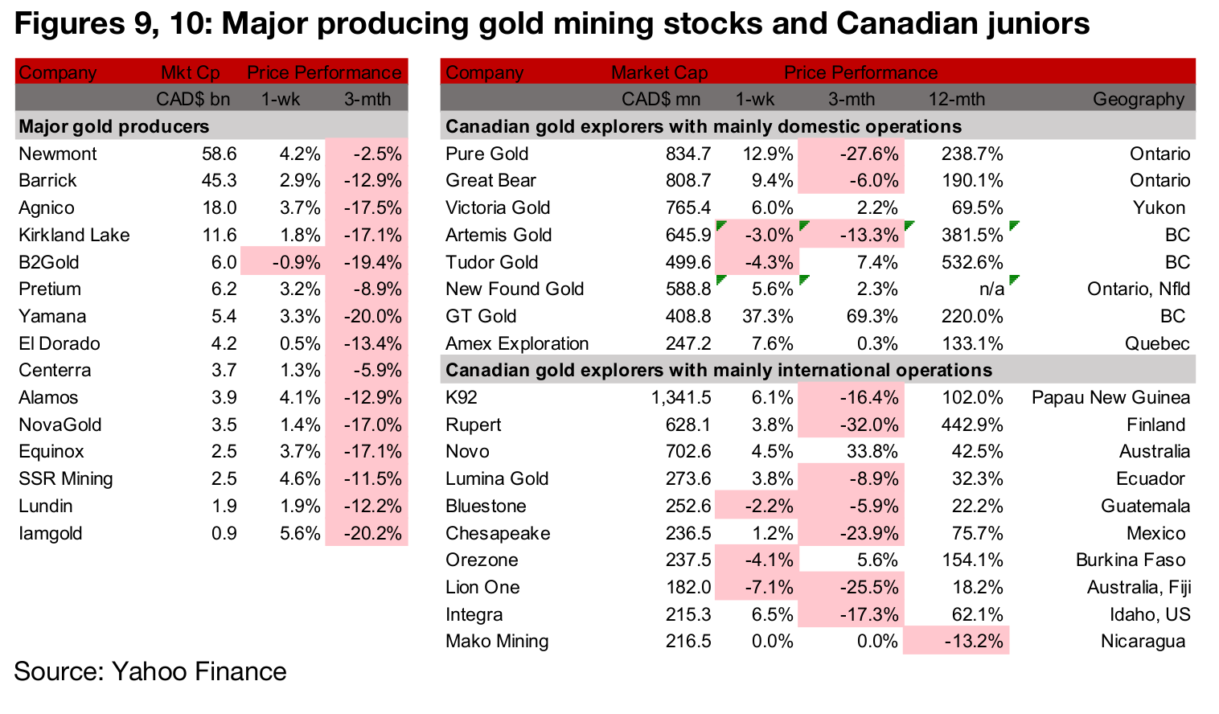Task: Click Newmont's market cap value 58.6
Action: (219, 154)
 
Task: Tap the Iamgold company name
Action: (51, 533)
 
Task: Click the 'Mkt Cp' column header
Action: (190, 72)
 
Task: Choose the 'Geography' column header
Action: (1138, 100)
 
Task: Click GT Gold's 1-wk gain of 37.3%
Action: (767, 316)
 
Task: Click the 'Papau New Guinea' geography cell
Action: (1110, 397)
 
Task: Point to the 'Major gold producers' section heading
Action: (113, 126)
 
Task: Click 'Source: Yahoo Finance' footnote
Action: (150, 671)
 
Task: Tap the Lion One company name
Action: (482, 587)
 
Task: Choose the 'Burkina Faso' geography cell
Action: (1130, 560)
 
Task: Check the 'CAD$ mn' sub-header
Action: (660, 100)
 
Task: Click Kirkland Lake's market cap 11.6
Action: (219, 235)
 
